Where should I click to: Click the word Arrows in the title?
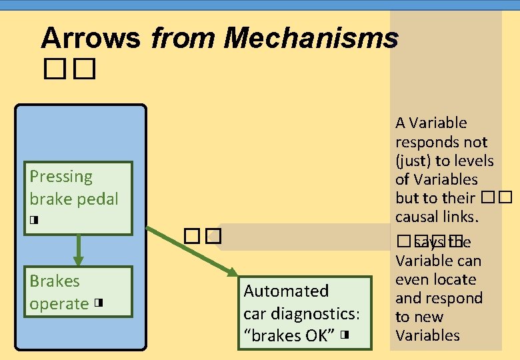point(91,38)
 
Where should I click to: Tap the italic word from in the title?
point(182,38)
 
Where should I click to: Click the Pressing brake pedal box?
point(78,199)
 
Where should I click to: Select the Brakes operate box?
point(78,292)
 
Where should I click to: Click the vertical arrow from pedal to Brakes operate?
point(78,251)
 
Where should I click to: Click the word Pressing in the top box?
point(61,177)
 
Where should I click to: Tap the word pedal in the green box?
point(97,199)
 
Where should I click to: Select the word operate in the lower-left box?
point(59,304)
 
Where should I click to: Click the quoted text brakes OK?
point(287,335)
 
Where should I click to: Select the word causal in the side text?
point(416,217)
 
